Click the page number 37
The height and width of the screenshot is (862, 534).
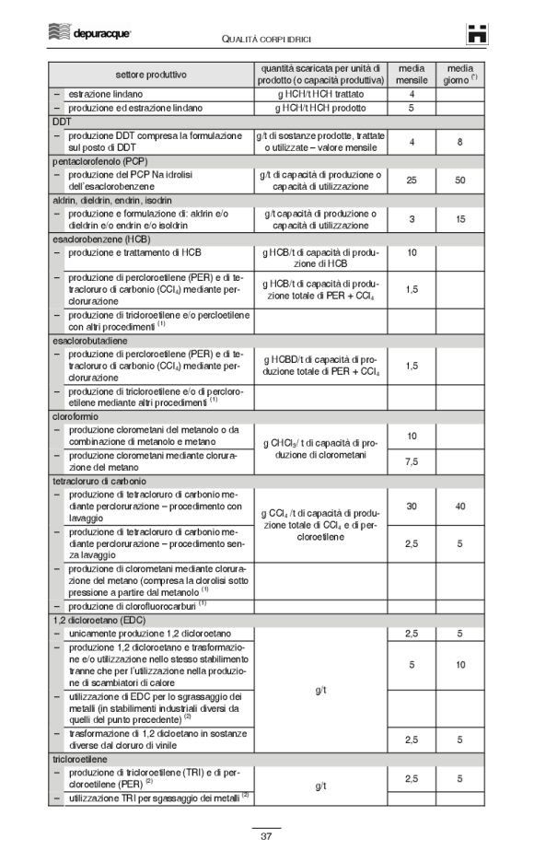coord(266,836)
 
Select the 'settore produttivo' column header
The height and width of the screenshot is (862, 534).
coord(151,74)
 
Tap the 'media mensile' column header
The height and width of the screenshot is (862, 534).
coord(412,74)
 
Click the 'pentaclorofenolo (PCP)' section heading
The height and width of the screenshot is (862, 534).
coord(94,160)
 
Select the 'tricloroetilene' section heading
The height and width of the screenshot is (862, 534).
coord(80,758)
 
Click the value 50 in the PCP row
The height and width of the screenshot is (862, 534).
coord(459,180)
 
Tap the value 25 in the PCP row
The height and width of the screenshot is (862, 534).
coord(412,180)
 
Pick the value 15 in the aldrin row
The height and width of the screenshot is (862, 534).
coord(459,219)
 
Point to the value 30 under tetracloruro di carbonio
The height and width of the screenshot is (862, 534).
coord(412,506)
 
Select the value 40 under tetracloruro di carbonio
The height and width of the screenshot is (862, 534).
coord(459,506)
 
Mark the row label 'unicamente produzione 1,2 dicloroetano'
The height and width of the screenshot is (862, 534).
coord(149,635)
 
